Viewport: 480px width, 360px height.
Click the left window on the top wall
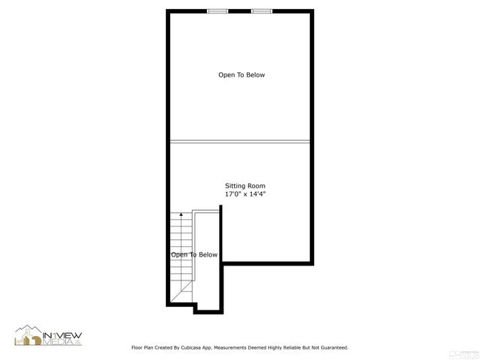tap(217, 10)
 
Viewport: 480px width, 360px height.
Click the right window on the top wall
tap(262, 10)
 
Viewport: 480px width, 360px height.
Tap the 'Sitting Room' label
tap(245, 186)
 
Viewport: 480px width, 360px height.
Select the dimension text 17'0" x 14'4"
tap(245, 194)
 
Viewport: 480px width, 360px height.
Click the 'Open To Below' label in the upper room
tap(241, 75)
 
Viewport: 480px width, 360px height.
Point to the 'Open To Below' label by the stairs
tap(194, 255)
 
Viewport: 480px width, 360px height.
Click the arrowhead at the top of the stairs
tap(180, 215)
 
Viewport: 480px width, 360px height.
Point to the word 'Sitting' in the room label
tap(235, 186)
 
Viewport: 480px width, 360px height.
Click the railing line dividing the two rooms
tap(240, 140)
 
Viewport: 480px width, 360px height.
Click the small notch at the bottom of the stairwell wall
tap(196, 307)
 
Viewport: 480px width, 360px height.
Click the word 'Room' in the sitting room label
tap(256, 186)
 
